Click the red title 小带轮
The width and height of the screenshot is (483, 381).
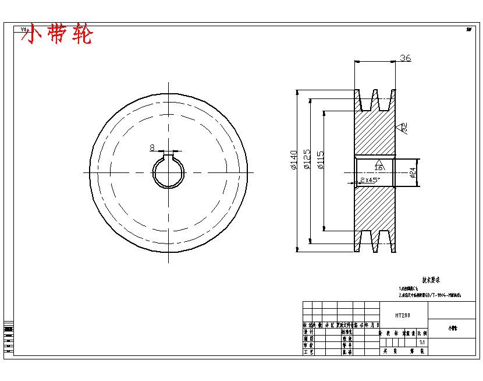coord(57,35)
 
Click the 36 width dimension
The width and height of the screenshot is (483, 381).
coord(405,58)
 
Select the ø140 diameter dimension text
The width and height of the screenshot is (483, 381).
coord(293,160)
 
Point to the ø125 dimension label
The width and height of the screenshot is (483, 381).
coord(307,160)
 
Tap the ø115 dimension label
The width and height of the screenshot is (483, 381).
coord(321,160)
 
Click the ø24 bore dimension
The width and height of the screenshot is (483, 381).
coord(413,172)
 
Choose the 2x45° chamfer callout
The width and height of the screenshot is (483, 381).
coord(370,180)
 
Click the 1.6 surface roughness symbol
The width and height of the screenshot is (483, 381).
coord(378,166)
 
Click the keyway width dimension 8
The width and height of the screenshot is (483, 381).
coord(152,148)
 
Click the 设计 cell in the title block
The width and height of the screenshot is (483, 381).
coord(308,331)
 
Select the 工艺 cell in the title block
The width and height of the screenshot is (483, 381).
coord(308,352)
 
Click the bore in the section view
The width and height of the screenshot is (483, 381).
coord(375,172)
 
